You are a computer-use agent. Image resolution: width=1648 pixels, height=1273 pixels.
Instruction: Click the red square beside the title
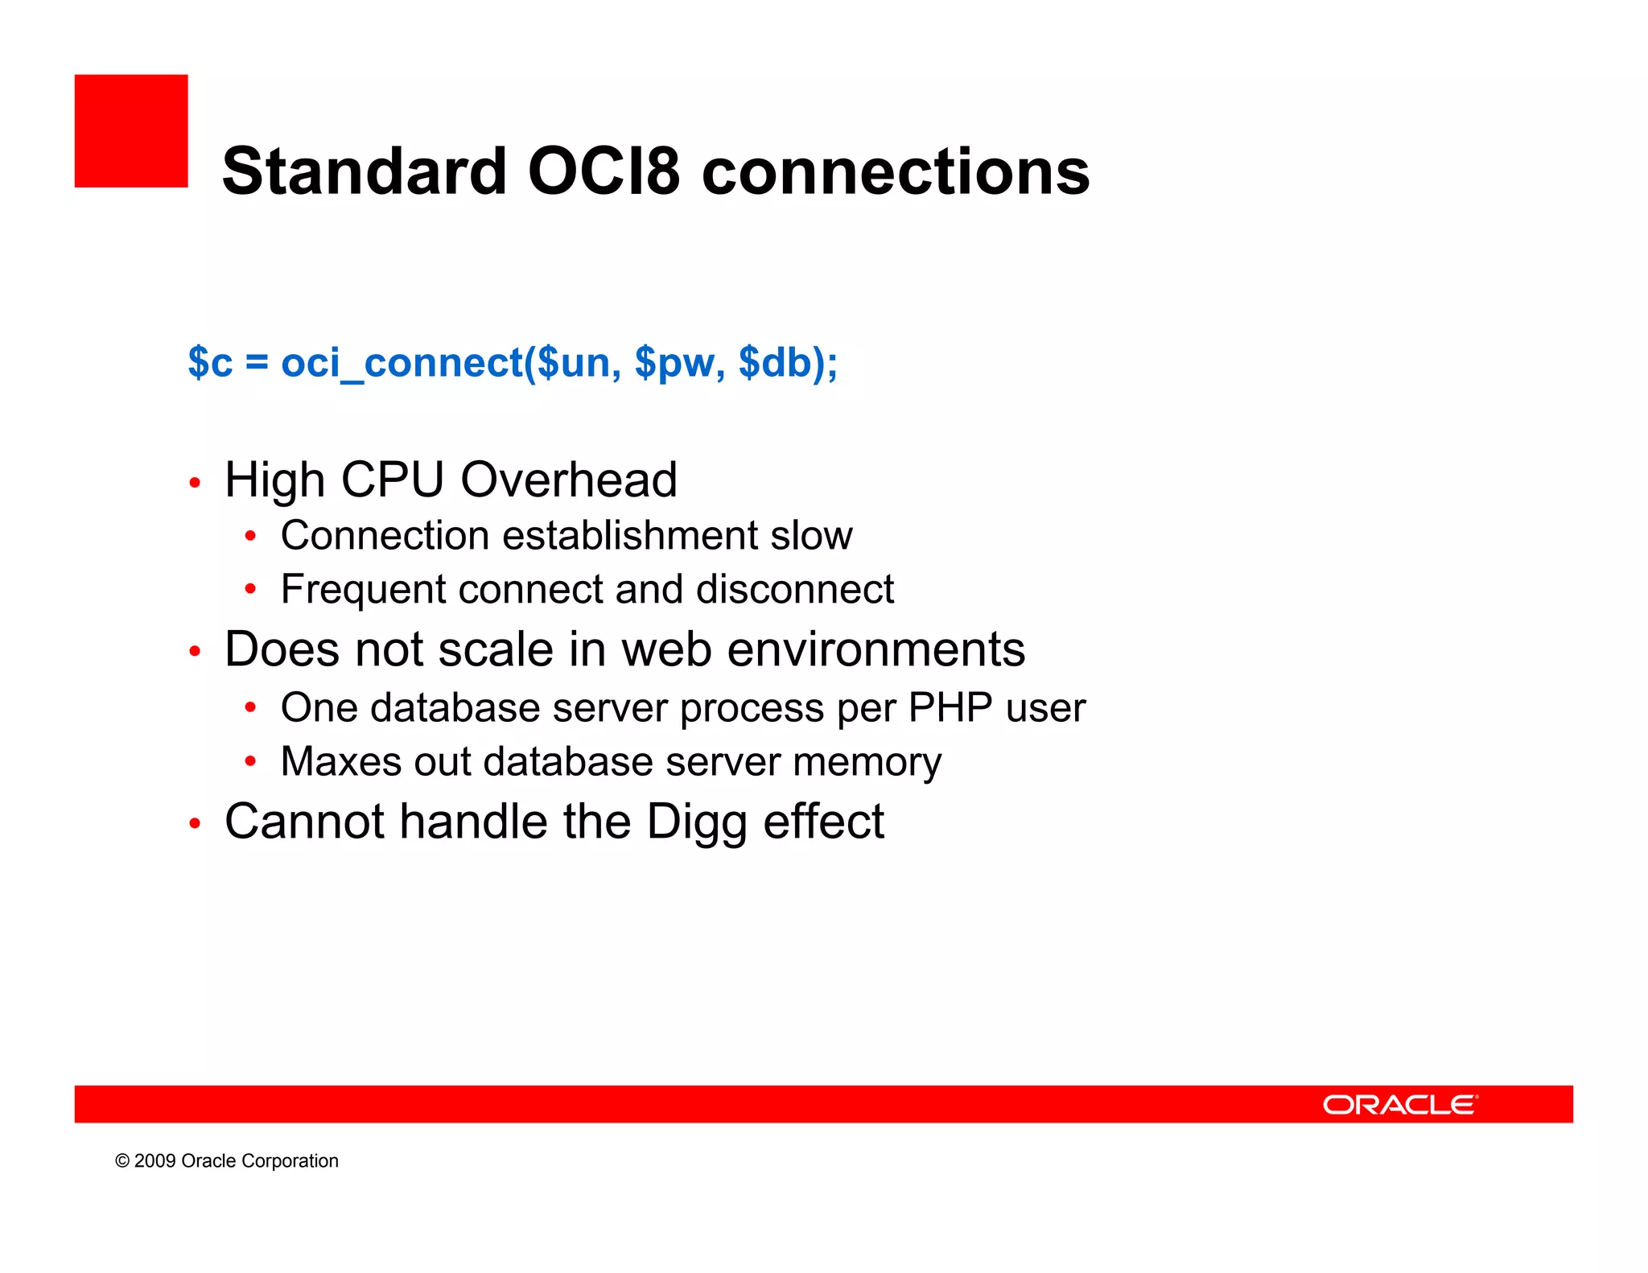click(x=131, y=131)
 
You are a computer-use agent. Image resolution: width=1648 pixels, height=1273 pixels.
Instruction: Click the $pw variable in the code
click(x=674, y=362)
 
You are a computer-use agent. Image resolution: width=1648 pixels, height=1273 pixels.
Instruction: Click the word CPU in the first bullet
click(x=392, y=480)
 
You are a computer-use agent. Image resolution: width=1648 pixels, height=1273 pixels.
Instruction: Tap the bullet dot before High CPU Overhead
click(x=194, y=483)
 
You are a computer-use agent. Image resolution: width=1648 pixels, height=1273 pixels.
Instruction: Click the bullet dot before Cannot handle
click(x=194, y=824)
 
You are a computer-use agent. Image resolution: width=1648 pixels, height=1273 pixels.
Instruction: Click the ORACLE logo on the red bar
click(x=1399, y=1105)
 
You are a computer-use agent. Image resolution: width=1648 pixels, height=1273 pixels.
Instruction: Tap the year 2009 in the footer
click(x=154, y=1161)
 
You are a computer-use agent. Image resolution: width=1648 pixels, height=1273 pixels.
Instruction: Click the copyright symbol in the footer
click(x=122, y=1161)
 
